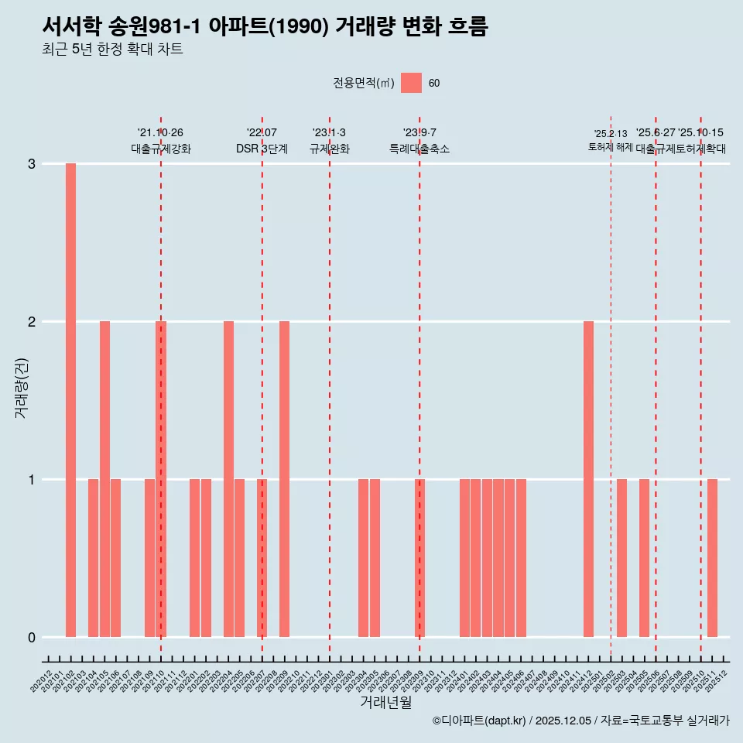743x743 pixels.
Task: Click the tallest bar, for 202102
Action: pyautogui.click(x=70, y=400)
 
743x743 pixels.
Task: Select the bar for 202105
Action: pyautogui.click(x=104, y=479)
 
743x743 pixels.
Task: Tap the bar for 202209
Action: pyautogui.click(x=284, y=479)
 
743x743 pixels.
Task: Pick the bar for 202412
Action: pyautogui.click(x=588, y=479)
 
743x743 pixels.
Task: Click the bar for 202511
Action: pyautogui.click(x=712, y=558)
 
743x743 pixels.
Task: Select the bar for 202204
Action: pyautogui.click(x=228, y=479)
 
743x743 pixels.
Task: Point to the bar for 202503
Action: pyautogui.click(x=621, y=558)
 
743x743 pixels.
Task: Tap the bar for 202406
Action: pyautogui.click(x=521, y=558)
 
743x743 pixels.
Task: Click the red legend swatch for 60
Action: pyautogui.click(x=411, y=83)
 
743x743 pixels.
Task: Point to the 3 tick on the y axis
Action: pyautogui.click(x=32, y=164)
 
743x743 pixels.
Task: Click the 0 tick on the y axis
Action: pyautogui.click(x=32, y=638)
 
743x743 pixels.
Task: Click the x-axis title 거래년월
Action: pyautogui.click(x=385, y=702)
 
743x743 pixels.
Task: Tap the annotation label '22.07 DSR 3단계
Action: pyautogui.click(x=262, y=141)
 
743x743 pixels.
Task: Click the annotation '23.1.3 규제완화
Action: pyautogui.click(x=330, y=141)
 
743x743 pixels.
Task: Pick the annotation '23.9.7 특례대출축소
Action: pyautogui.click(x=419, y=141)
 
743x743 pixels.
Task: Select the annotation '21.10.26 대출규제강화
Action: pyautogui.click(x=160, y=141)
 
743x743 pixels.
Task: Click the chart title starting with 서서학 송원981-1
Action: pyautogui.click(x=265, y=26)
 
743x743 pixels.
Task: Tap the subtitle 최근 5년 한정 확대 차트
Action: pyautogui.click(x=112, y=50)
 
